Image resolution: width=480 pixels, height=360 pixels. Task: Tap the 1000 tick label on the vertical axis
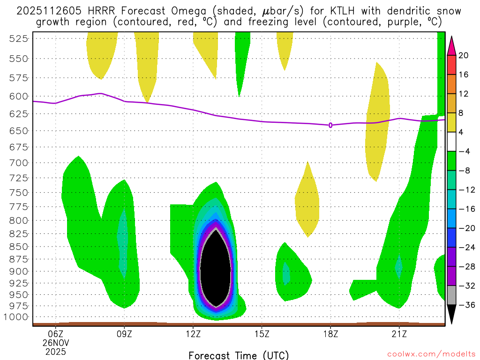[18, 317]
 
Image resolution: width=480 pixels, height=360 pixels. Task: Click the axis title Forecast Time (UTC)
[239, 355]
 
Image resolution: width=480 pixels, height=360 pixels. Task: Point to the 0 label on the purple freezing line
[330, 125]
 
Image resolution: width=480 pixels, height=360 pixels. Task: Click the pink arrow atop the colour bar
[451, 45]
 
